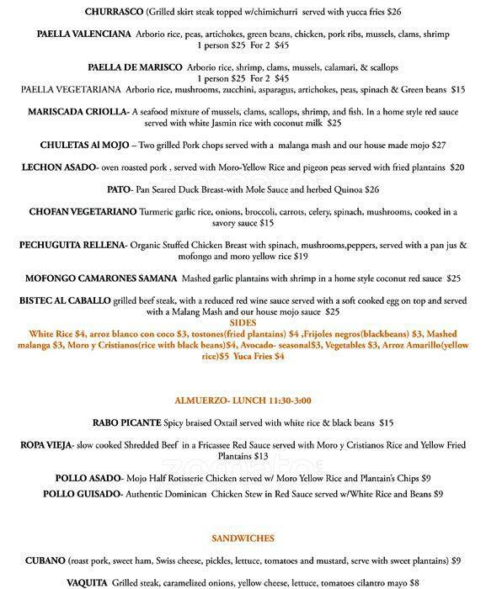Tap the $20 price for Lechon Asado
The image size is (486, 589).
(x=457, y=167)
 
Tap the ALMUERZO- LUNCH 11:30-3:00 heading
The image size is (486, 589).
(x=243, y=398)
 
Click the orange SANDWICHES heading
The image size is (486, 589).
(x=243, y=537)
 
